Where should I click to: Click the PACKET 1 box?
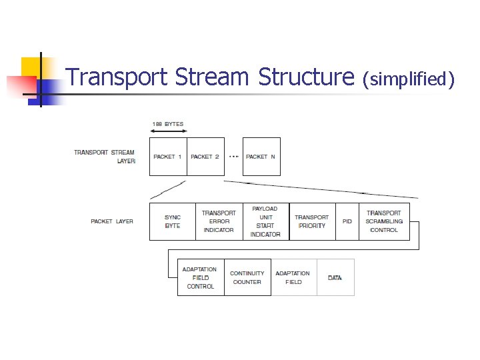[x=168, y=157]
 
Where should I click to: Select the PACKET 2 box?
[x=205, y=157]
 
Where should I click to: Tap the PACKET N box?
[x=261, y=157]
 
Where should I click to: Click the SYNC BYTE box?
[x=173, y=221]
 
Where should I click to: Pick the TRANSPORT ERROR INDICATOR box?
[x=219, y=221]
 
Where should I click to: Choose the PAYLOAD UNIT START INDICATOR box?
[x=265, y=221]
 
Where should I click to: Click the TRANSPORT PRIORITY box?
[x=312, y=221]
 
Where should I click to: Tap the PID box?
[x=347, y=221]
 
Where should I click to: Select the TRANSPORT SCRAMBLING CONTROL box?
[x=384, y=221]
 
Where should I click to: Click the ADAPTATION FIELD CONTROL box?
[x=201, y=277]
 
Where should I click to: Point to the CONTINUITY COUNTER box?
[x=247, y=277]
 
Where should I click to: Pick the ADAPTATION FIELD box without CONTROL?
[x=293, y=277]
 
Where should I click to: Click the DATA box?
[x=335, y=277]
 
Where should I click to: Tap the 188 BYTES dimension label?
[x=168, y=124]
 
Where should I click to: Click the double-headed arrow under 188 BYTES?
[x=168, y=132]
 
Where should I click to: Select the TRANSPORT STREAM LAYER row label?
[x=105, y=157]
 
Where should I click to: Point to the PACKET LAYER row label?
[x=112, y=221]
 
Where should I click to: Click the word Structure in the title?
[x=306, y=78]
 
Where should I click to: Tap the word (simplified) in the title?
[x=407, y=80]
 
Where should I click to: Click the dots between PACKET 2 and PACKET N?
[x=233, y=157]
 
